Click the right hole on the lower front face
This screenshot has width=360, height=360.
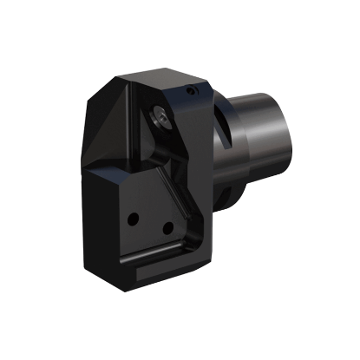164,230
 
